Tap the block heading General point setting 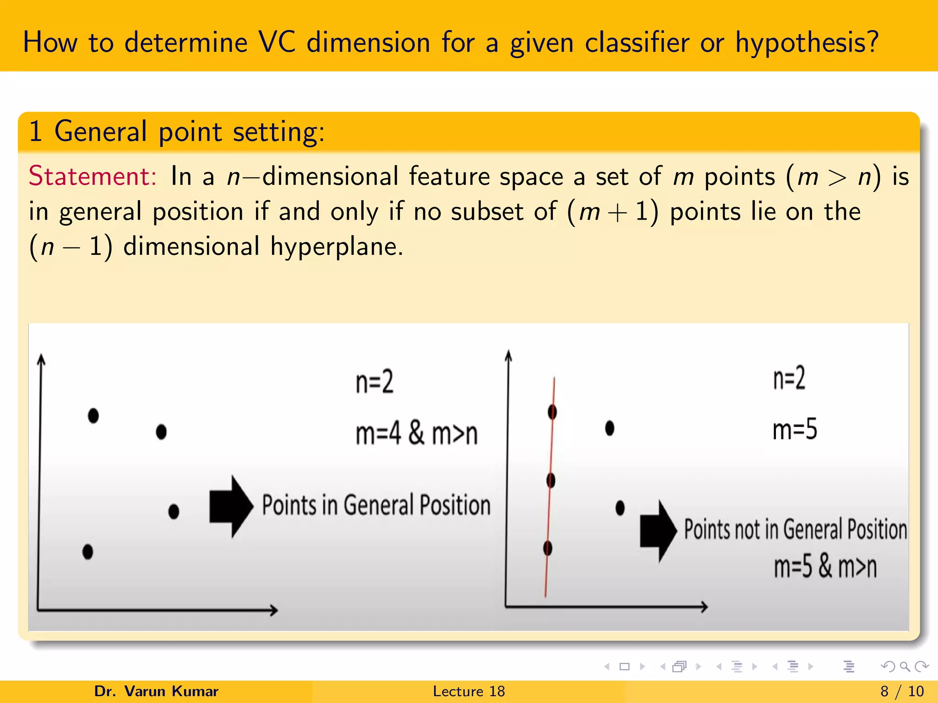click(177, 132)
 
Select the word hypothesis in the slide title click(807, 43)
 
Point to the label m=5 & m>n click(825, 567)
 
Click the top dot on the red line click(552, 412)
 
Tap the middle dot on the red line click(551, 480)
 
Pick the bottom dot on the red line click(548, 548)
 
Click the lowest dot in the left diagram click(87, 552)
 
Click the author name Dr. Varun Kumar click(156, 691)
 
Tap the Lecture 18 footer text click(469, 691)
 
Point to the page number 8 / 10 click(902, 691)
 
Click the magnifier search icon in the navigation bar click(905, 666)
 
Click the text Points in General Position click(376, 505)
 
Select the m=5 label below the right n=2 click(795, 429)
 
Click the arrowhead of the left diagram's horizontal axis click(273, 610)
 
